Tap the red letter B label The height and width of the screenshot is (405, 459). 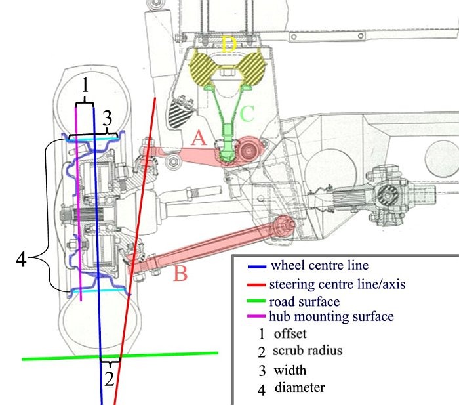[x=181, y=273]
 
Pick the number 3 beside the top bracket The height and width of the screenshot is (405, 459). [x=108, y=118]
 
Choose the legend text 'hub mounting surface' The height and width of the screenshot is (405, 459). [x=332, y=317]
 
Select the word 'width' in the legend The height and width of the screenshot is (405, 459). [x=290, y=370]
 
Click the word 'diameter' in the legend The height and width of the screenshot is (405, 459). [x=300, y=387]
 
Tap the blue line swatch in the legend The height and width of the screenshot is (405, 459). [x=256, y=267]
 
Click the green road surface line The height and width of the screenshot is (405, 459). [x=164, y=355]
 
